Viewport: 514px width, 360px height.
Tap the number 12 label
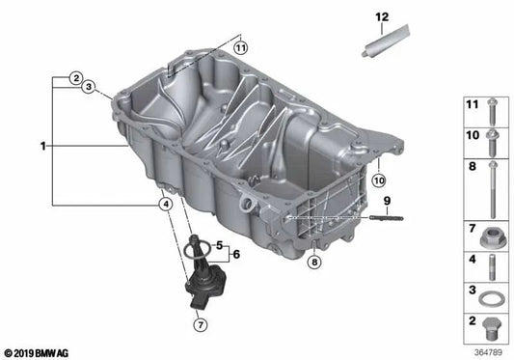[x=382, y=17]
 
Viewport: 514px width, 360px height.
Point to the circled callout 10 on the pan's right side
[x=379, y=180]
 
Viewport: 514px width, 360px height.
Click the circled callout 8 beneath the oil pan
[x=314, y=262]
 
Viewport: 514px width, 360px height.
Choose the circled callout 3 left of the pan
[x=89, y=88]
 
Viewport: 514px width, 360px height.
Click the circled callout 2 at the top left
[x=73, y=76]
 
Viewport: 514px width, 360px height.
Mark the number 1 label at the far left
[x=42, y=147]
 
